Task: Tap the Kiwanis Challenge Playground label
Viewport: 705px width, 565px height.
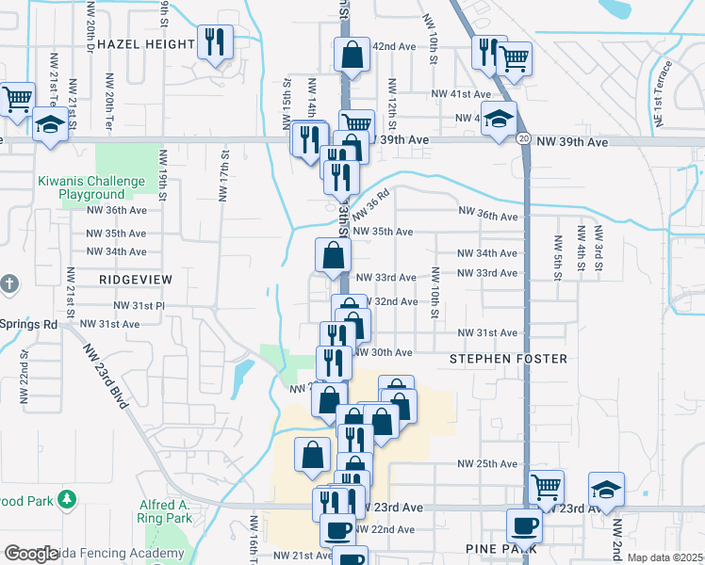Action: [91, 187]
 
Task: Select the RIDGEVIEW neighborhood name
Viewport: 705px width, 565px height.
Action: [136, 280]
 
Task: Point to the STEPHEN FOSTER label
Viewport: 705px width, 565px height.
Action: [508, 359]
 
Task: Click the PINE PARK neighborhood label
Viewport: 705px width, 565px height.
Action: [500, 547]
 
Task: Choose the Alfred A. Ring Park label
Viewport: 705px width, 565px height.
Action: [165, 511]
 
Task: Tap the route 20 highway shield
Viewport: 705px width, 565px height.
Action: [522, 139]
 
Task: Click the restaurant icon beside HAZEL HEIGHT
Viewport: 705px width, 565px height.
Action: [216, 42]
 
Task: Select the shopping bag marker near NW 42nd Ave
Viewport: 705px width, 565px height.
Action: [352, 55]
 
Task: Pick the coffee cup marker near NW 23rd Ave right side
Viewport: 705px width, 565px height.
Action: [524, 525]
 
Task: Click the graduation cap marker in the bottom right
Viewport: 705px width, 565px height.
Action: [606, 488]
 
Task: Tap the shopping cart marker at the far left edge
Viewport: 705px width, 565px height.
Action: [16, 99]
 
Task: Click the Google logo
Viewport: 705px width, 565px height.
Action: [31, 554]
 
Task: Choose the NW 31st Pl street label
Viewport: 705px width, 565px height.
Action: [139, 306]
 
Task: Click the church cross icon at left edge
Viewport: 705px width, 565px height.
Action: [8, 283]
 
